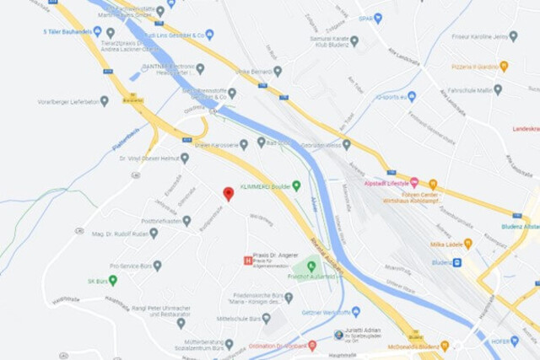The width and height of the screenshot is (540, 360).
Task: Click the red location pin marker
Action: pos(228,193)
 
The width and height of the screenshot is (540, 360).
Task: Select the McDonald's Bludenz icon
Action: pos(445,346)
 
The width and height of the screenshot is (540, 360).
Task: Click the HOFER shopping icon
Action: pos(515,341)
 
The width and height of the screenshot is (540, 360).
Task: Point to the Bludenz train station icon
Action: pos(456,262)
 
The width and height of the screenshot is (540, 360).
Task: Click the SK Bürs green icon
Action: pos(112,280)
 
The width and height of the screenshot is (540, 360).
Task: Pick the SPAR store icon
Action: pos(377,18)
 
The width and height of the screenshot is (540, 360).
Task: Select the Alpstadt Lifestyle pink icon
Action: pos(414,182)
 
